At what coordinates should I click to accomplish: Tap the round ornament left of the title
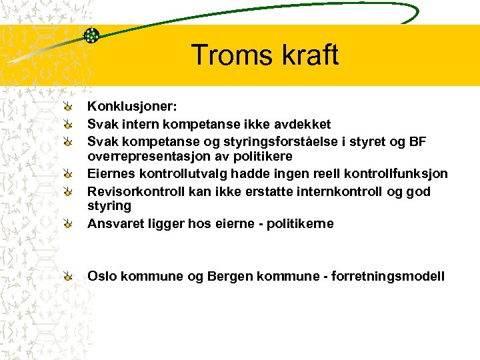click(92, 35)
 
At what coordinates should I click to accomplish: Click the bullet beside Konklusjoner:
click(69, 107)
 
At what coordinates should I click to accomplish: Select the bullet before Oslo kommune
click(69, 276)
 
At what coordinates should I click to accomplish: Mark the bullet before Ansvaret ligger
click(69, 224)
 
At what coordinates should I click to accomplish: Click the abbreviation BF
click(417, 141)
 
